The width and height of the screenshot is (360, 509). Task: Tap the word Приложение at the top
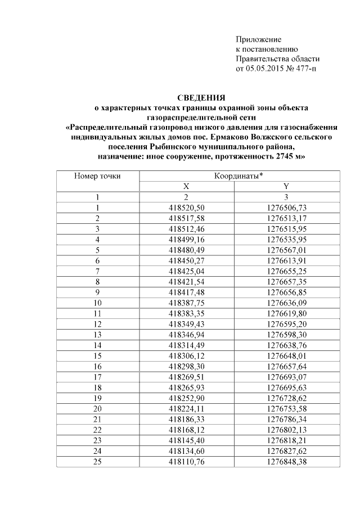pyautogui.click(x=258, y=39)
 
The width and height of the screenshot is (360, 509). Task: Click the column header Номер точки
pyautogui.click(x=97, y=176)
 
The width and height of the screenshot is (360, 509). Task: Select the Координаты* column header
pyautogui.click(x=238, y=176)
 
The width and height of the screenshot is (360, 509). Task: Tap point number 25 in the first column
pyautogui.click(x=97, y=463)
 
